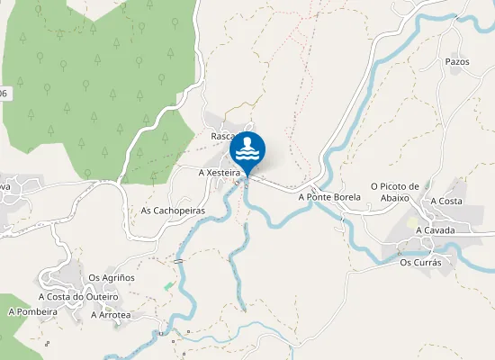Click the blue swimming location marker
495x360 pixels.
coord(247,151)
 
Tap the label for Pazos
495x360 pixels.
coord(457,62)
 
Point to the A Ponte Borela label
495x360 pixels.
coord(328,195)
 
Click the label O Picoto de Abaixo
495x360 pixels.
coord(390,192)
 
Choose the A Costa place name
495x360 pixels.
coord(446,201)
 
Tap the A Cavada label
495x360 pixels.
coord(436,230)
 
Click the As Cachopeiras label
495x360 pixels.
coord(173,211)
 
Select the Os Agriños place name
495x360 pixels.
coord(112,277)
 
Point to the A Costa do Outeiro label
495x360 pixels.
coord(78,296)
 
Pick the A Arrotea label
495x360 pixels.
coord(111,315)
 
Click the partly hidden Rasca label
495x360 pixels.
coord(221,136)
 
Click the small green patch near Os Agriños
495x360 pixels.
coord(168,285)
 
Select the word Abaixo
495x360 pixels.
coord(396,198)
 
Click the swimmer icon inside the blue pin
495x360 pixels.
coord(247,148)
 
